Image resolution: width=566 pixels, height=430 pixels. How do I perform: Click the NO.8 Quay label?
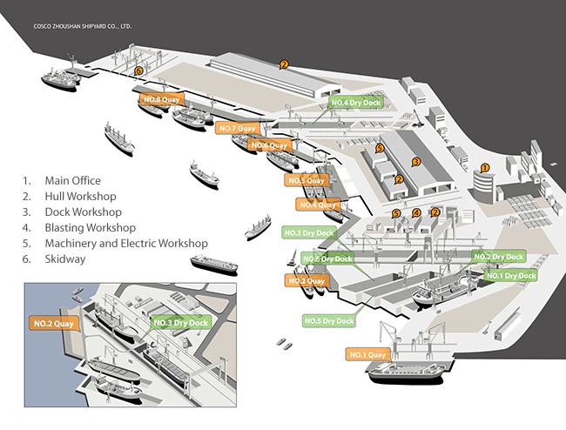[x=160, y=100]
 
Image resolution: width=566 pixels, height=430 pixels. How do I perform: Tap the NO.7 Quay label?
[x=235, y=129]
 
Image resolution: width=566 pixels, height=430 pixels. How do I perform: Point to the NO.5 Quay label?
[x=307, y=180]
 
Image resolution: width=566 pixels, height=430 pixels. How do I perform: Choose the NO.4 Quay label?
[x=317, y=205]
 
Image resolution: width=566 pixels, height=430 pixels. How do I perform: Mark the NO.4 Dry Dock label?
[x=356, y=103]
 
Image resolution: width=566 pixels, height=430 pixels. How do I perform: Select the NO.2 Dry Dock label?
[x=499, y=257]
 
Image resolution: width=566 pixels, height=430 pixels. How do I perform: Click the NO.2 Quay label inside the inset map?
[x=56, y=324]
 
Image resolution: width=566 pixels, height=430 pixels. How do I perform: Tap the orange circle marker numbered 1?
[x=486, y=166]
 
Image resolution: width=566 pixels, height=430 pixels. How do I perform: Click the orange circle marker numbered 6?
[x=138, y=71]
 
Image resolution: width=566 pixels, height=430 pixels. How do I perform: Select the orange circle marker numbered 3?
[x=416, y=161]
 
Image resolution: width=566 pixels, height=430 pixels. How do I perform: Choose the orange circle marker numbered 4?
[x=416, y=212]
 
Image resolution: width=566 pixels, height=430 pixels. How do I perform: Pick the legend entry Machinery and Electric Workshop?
[x=115, y=243]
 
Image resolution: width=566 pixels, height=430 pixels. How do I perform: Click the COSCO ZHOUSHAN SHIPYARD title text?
[x=83, y=26]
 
